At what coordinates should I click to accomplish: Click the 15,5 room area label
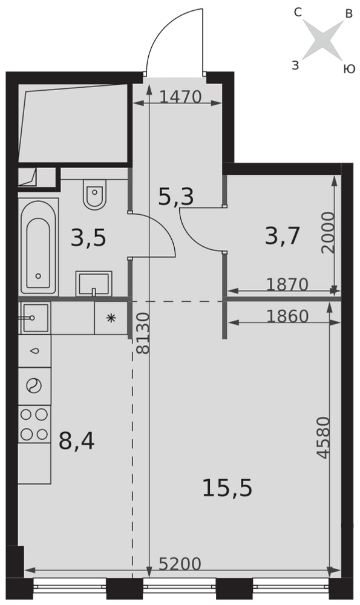coord(227,488)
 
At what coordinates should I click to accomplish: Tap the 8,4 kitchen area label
coord(76,441)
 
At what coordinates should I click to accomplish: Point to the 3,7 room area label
coord(283,236)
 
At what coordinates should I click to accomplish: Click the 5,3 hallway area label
coord(176,196)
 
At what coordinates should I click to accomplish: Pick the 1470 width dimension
coord(180,97)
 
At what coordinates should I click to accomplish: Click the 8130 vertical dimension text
coord(143,333)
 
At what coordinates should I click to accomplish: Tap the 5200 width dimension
coord(180,564)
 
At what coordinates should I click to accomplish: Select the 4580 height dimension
coord(323,437)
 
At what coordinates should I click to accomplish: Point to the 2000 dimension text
coord(329,232)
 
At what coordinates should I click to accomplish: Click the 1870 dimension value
coord(287,285)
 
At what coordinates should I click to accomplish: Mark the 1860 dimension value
coord(287,316)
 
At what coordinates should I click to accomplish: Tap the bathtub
coord(38,247)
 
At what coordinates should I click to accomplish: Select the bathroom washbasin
coord(94,284)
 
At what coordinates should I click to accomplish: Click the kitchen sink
coord(34,318)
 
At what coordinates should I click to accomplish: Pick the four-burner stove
coord(34,424)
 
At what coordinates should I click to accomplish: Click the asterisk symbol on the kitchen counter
coord(111,318)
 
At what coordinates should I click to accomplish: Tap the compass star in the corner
coord(323,40)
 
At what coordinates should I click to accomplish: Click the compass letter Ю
coord(349,69)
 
